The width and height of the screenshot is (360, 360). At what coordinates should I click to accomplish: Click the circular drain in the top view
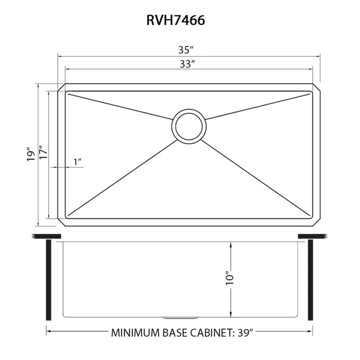coord(189,126)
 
